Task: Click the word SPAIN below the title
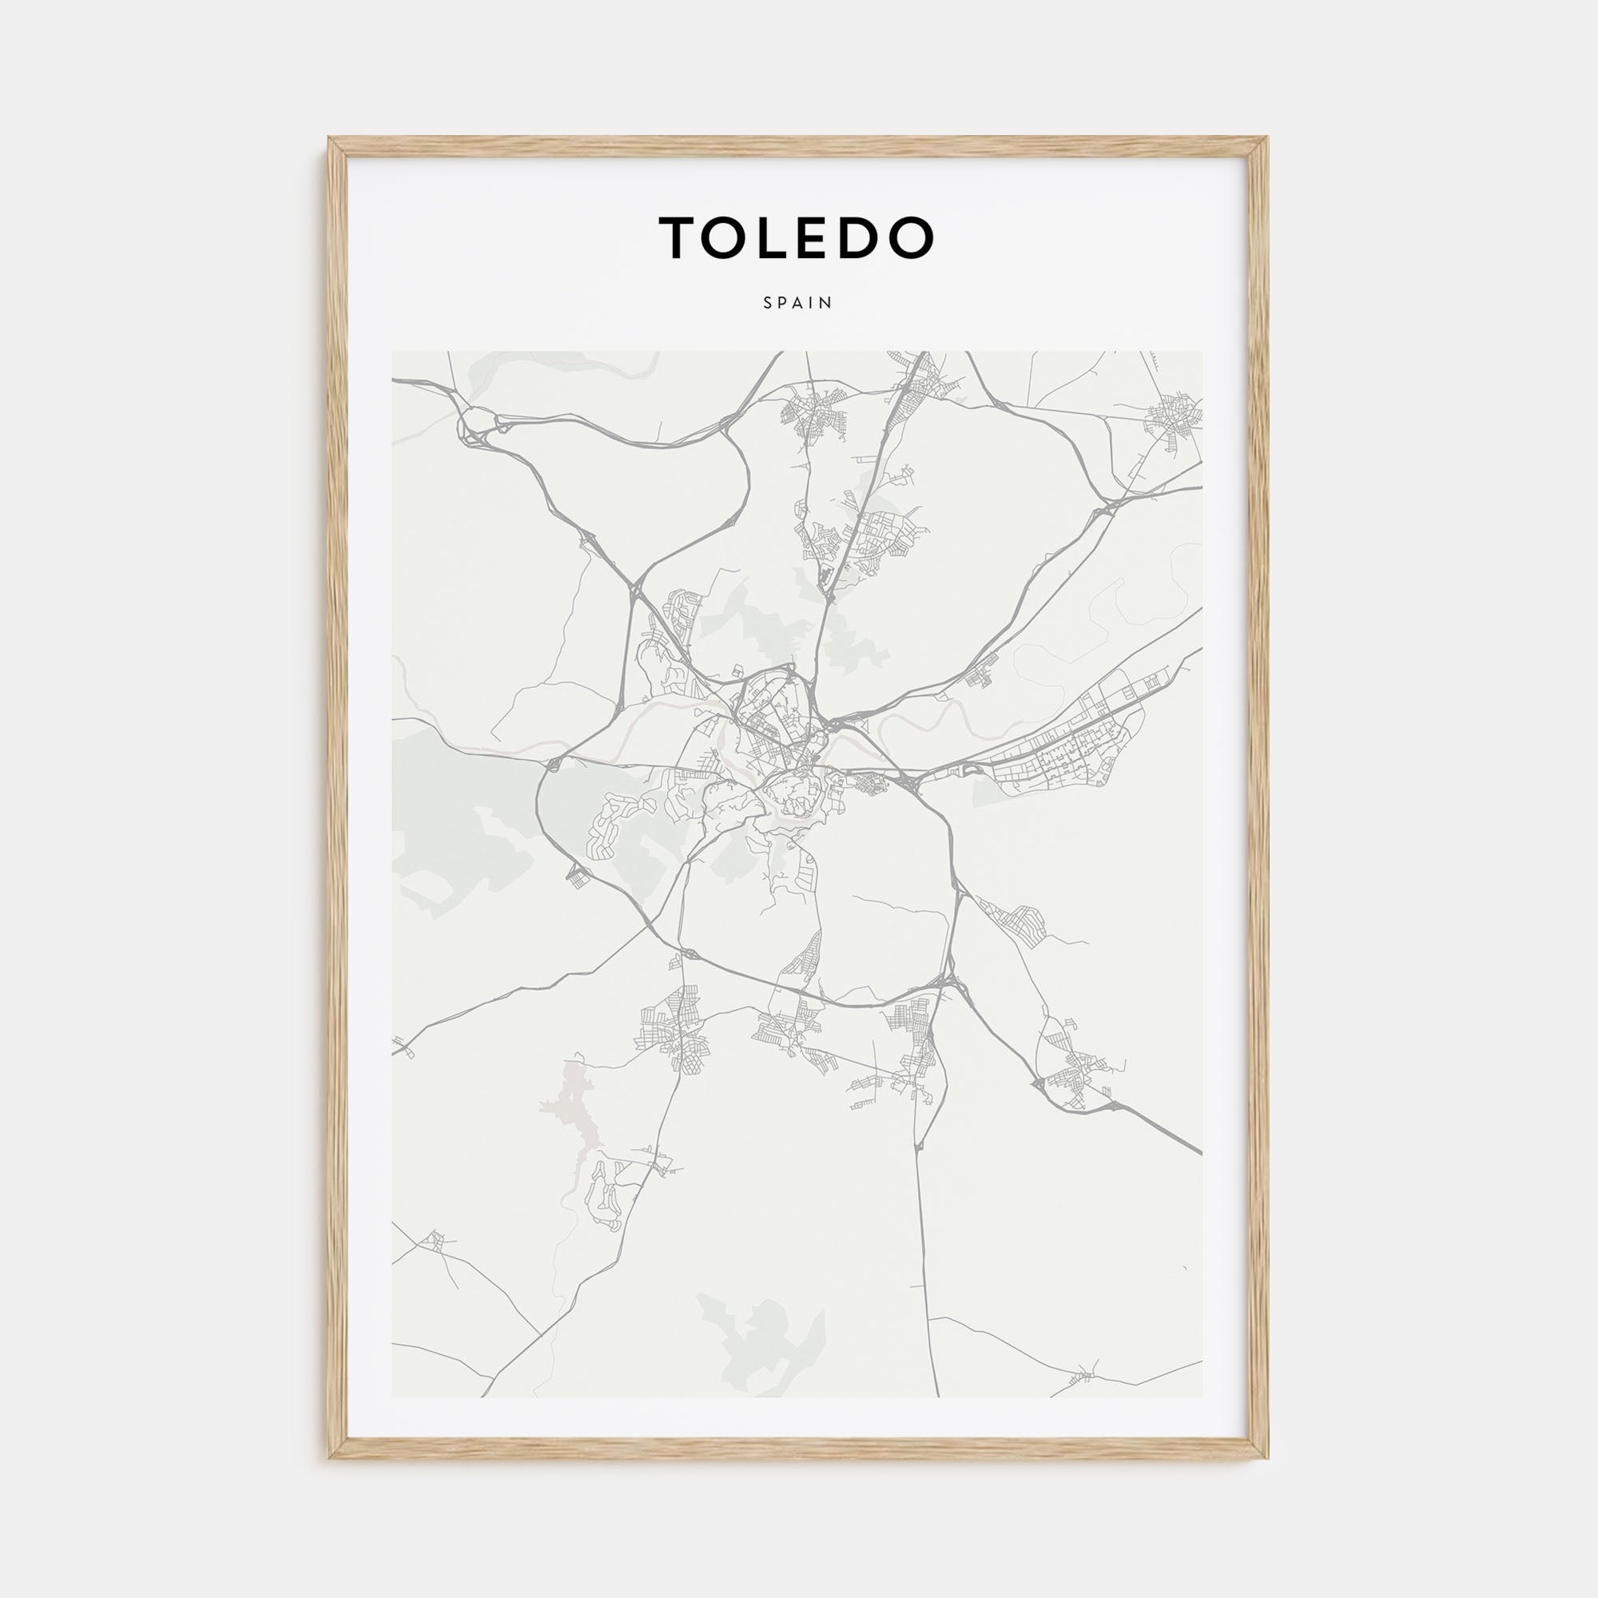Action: tap(798, 303)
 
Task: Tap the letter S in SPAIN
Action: tap(768, 303)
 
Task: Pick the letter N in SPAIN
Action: tap(828, 303)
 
